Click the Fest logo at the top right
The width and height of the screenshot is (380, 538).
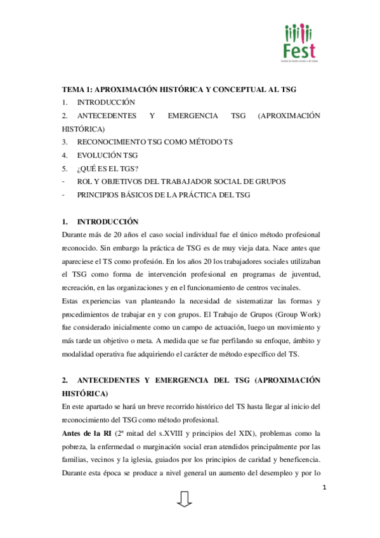click(x=299, y=43)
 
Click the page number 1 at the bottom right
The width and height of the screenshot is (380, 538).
click(x=324, y=487)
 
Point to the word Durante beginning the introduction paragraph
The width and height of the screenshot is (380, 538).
click(x=75, y=235)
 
